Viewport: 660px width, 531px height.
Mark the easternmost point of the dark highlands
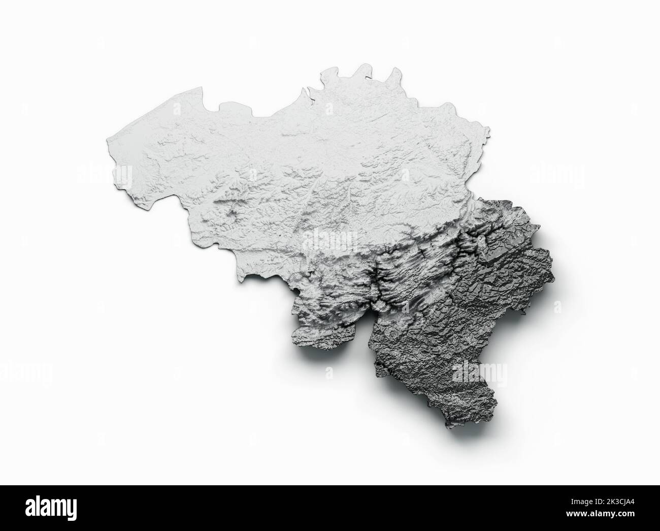(552, 264)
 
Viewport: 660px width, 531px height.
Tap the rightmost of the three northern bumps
(393, 72)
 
